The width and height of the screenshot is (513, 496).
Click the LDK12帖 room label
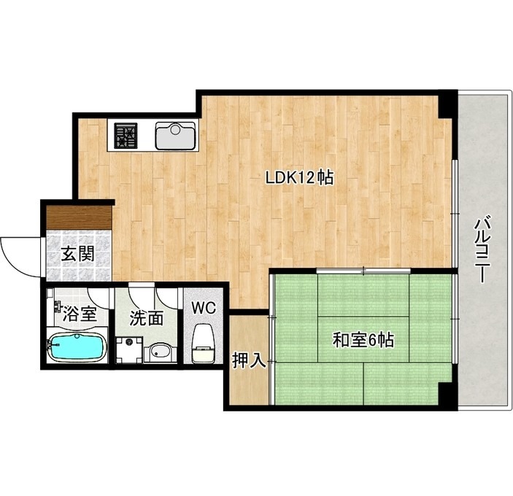pyautogui.click(x=299, y=178)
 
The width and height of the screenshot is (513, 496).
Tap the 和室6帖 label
pyautogui.click(x=363, y=341)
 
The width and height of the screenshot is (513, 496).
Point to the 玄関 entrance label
pyautogui.click(x=78, y=254)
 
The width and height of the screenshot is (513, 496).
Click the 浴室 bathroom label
pyautogui.click(x=80, y=314)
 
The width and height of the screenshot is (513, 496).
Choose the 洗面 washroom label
pyautogui.click(x=146, y=318)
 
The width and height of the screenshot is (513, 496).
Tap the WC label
pyautogui.click(x=204, y=308)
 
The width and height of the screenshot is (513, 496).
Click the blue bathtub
pyautogui.click(x=77, y=347)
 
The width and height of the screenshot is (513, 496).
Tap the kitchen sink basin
pyautogui.click(x=176, y=136)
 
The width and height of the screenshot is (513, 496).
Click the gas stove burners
pyautogui.click(x=126, y=136)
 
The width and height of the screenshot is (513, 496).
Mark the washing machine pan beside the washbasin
pyautogui.click(x=130, y=351)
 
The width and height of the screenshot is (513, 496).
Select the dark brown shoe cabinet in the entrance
pyautogui.click(x=79, y=217)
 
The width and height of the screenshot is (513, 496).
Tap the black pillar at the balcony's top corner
pyautogui.click(x=447, y=104)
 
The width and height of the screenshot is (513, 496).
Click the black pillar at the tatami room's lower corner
pyautogui.click(x=447, y=395)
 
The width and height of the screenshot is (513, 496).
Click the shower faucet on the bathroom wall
pyautogui.click(x=58, y=306)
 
